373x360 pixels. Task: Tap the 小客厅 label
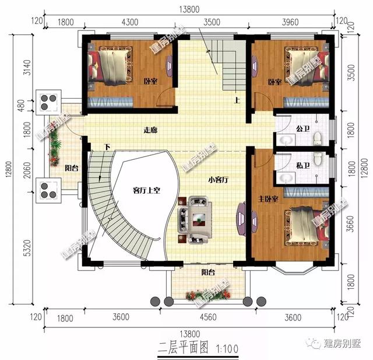point(216,180)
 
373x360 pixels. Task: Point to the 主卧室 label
point(269,199)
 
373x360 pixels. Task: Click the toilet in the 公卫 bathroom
point(317,139)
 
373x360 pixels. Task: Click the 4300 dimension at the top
point(129,23)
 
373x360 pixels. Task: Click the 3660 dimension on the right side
point(349,226)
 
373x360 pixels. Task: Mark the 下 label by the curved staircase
point(107,146)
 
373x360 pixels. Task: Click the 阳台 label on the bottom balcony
point(208,272)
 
